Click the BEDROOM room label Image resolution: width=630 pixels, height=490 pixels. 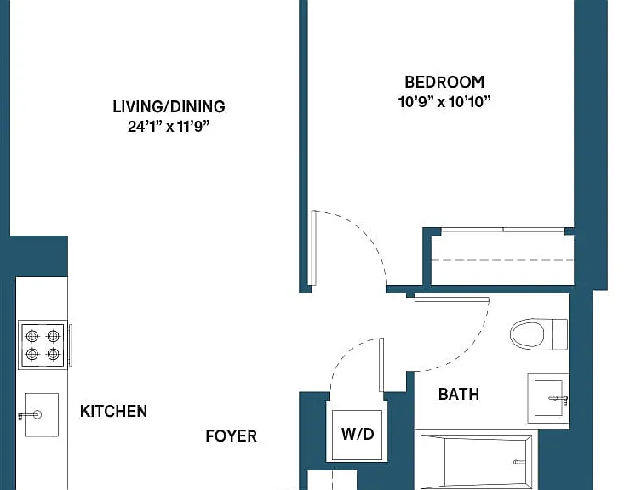444,82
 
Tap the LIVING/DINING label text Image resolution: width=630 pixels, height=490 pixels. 169,107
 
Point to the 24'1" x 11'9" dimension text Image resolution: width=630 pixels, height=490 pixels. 169,127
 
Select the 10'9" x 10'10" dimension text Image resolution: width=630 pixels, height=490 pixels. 444,101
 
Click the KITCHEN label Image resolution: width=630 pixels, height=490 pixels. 114,411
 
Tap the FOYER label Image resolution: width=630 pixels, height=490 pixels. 231,436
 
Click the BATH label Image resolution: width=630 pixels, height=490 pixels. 459,395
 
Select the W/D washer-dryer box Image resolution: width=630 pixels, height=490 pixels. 358,435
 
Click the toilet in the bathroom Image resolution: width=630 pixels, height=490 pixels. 539,334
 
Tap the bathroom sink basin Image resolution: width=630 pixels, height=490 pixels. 548,398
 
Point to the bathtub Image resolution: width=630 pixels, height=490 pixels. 476,461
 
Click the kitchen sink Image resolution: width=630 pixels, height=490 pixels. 42,415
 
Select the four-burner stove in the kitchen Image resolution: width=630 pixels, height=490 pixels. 43,345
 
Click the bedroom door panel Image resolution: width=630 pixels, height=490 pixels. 314,248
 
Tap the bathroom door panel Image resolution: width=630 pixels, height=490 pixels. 451,299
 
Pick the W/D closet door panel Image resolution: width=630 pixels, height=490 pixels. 381,365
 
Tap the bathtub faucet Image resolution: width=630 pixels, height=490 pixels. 519,462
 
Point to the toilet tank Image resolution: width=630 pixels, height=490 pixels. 560,334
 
